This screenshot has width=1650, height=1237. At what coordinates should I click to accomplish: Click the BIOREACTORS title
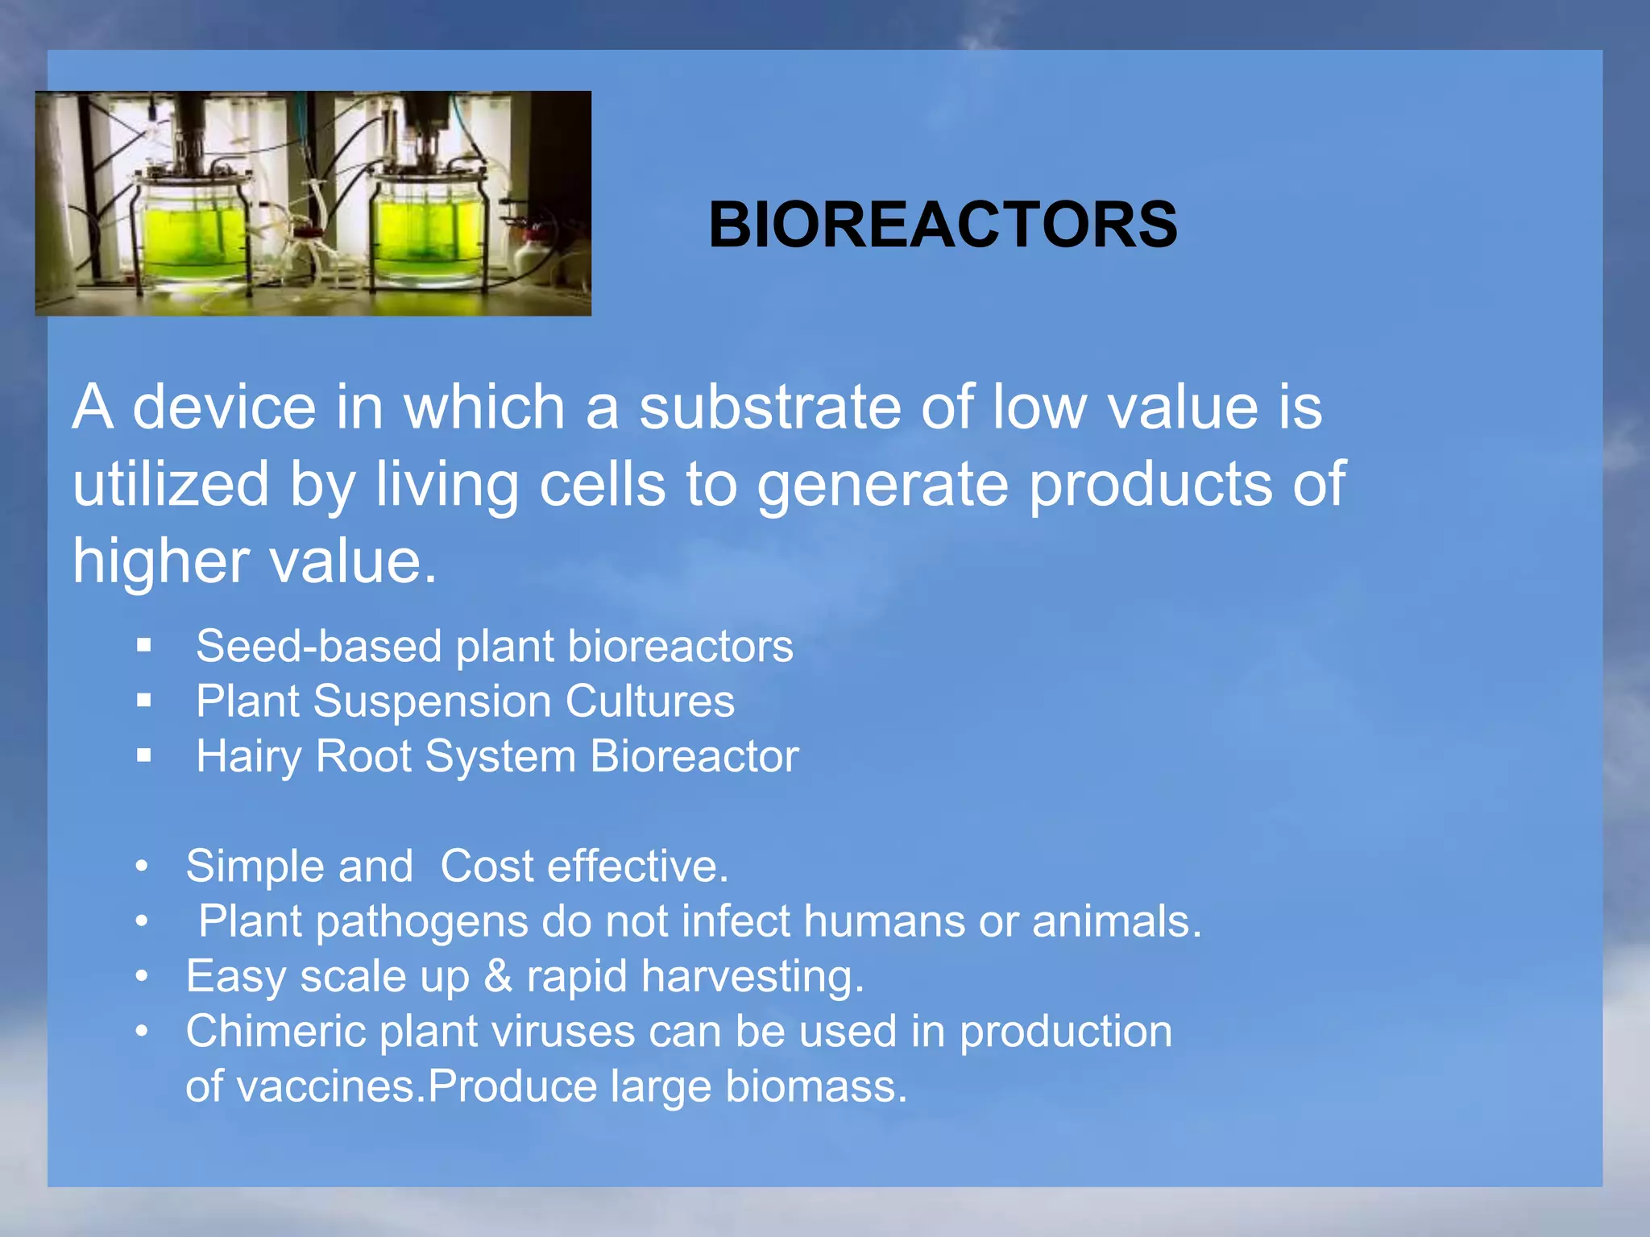click(943, 225)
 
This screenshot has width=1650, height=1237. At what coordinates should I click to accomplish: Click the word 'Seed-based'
click(319, 647)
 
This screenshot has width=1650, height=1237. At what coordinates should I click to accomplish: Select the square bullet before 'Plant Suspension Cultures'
click(144, 701)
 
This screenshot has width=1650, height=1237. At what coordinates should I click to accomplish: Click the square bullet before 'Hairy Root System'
click(144, 755)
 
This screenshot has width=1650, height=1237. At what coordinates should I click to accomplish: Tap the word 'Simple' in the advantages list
click(254, 867)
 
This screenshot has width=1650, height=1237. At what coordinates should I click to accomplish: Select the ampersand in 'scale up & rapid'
click(498, 976)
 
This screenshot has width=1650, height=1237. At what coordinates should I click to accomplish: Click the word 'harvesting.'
click(752, 978)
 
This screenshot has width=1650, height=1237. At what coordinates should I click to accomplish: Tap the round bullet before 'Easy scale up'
click(143, 977)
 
